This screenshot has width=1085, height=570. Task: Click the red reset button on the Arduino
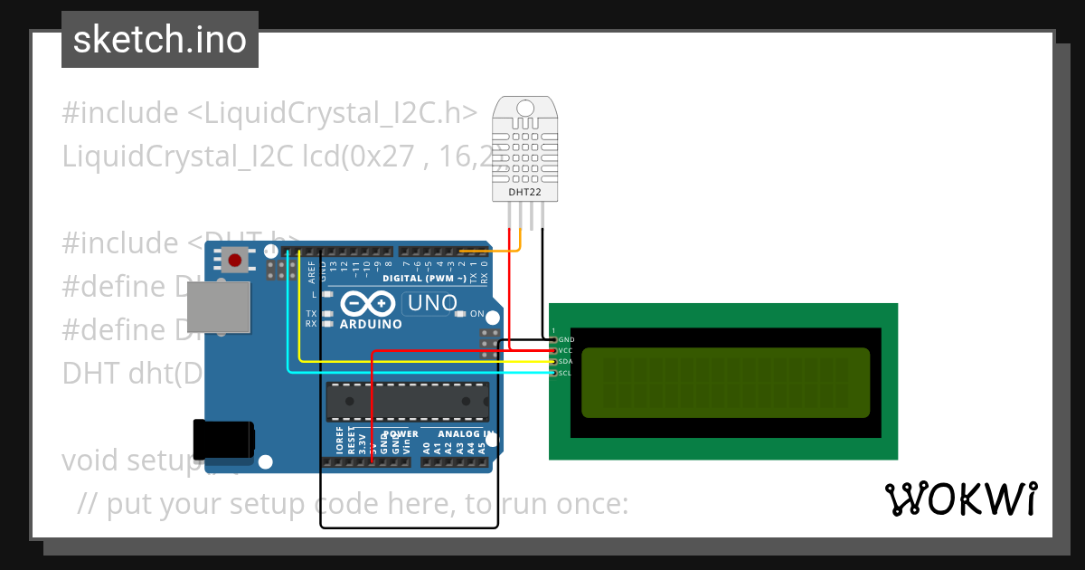click(x=235, y=261)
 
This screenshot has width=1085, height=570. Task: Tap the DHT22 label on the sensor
click(x=524, y=191)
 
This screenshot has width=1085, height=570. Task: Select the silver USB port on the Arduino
click(x=219, y=306)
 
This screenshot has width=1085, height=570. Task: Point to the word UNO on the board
click(x=432, y=303)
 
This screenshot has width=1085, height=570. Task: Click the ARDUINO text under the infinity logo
click(x=371, y=324)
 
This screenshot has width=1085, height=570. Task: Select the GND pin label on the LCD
click(x=567, y=339)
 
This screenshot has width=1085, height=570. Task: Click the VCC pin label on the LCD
click(x=566, y=350)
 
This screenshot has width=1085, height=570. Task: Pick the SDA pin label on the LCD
click(x=566, y=362)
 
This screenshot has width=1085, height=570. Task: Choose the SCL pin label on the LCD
click(x=566, y=373)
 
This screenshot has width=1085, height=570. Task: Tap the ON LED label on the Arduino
click(x=477, y=314)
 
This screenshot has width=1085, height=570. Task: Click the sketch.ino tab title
click(x=160, y=40)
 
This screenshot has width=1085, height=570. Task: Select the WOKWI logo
click(x=960, y=499)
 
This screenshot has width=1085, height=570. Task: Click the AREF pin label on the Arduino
click(x=311, y=269)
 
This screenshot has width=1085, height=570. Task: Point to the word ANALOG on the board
click(x=458, y=434)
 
